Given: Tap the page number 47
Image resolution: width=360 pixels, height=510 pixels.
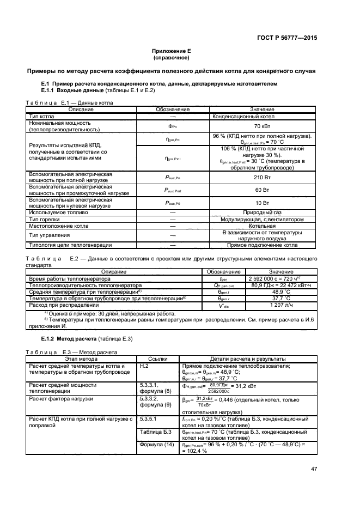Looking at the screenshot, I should pyautogui.click(x=314, y=469).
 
